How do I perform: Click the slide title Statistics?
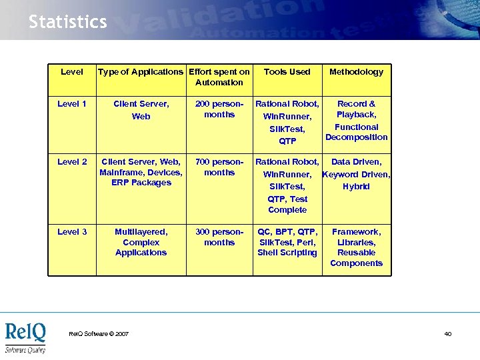67,22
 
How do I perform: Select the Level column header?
72,72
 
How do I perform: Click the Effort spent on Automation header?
219,77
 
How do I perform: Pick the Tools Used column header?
287,72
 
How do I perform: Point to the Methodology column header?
356,72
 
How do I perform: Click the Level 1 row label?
72,104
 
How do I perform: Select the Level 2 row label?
72,162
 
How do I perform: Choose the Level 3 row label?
72,232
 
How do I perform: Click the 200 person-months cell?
219,109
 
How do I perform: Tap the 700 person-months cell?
219,167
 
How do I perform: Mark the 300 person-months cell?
219,237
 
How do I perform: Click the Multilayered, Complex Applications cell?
141,242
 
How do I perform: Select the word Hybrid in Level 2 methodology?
356,187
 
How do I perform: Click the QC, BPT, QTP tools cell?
287,242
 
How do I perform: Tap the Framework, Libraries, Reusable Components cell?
356,247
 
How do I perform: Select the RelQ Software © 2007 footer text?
99,334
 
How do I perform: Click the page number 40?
447,334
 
